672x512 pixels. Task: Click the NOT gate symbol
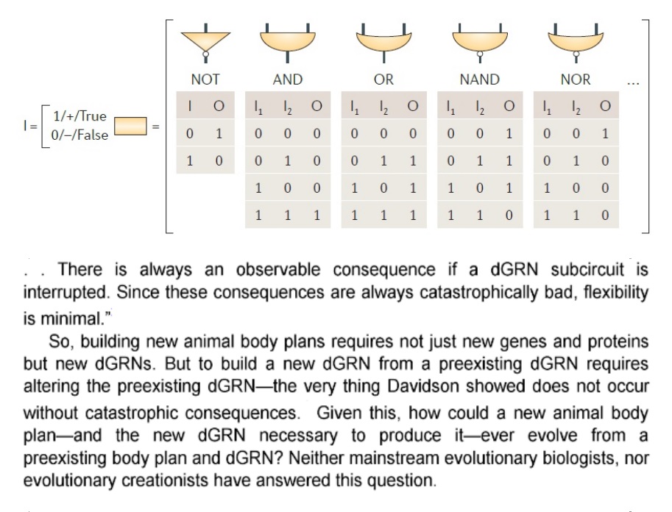[x=205, y=42]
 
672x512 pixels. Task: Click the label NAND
[x=480, y=79]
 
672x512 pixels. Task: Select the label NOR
[x=576, y=79]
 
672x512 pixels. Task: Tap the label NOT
[x=205, y=79]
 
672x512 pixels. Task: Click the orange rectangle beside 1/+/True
[x=130, y=126]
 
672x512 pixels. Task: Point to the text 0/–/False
[x=79, y=135]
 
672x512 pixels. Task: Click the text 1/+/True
[x=79, y=116]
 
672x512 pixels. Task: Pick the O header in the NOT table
[x=219, y=106]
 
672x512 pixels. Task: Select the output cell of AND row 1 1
[x=316, y=215]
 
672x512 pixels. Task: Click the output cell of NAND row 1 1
[x=509, y=215]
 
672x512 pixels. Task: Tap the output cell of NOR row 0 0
[x=605, y=134]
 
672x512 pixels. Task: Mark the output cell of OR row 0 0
[x=413, y=134]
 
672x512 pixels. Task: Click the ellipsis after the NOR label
[x=633, y=82]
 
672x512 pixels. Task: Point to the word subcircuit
[x=587, y=270]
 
